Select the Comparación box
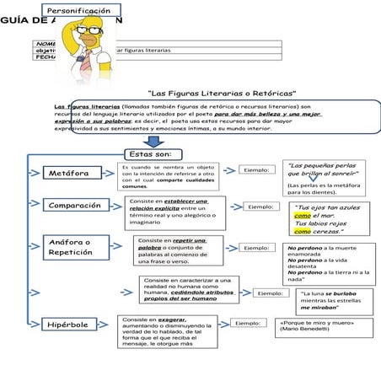tap(75, 206)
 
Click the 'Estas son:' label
tap(152, 154)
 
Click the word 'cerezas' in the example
tap(325, 232)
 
